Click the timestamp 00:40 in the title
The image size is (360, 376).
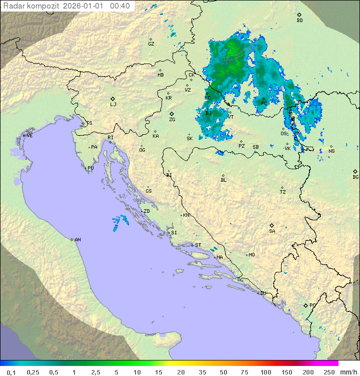(x=120, y=6)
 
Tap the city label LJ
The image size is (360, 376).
(x=113, y=105)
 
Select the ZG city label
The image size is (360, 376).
(x=172, y=120)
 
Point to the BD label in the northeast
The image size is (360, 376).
(x=299, y=21)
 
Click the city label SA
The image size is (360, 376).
(x=272, y=231)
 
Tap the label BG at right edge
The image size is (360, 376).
(x=355, y=177)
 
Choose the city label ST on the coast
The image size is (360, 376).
(x=198, y=245)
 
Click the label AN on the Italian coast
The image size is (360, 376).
(x=77, y=240)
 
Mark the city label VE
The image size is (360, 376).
(x=29, y=136)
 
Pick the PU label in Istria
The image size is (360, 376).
(x=90, y=168)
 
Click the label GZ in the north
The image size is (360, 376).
(x=151, y=44)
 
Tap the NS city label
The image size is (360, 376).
(x=331, y=151)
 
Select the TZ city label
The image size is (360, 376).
(x=283, y=192)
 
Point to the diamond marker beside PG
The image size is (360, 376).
(x=305, y=305)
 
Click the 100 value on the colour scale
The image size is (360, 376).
(x=265, y=372)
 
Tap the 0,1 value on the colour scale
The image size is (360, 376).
(x=11, y=372)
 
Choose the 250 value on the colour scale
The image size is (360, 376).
(x=328, y=372)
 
